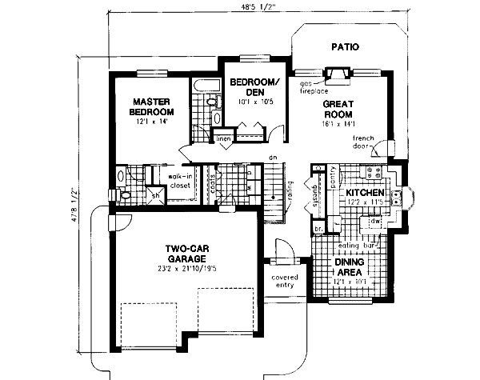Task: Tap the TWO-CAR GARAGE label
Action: [x=187, y=254]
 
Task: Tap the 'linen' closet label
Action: [x=225, y=139]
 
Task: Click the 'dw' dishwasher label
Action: [x=374, y=220]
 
